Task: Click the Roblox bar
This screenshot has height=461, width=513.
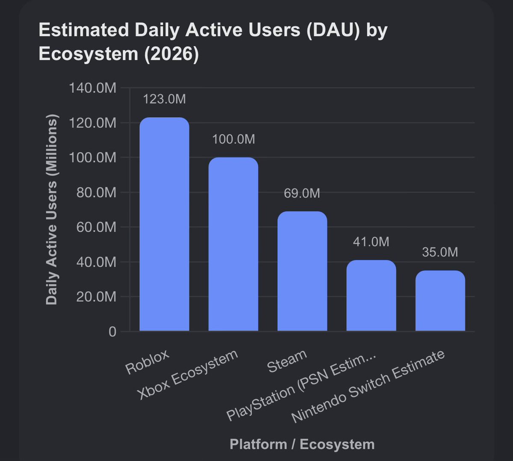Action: [164, 224]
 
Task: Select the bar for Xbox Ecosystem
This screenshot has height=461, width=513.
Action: [233, 244]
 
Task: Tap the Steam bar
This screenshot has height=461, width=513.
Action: [302, 271]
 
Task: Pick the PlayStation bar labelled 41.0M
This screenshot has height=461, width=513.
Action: [371, 296]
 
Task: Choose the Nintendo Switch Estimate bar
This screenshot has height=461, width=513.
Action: [440, 301]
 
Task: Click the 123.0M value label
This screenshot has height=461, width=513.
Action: [164, 99]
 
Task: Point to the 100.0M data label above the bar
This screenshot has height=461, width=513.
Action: [233, 139]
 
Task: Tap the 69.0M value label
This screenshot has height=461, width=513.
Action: [302, 193]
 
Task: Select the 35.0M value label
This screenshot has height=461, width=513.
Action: [440, 252]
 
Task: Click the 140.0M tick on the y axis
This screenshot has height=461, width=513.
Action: [93, 88]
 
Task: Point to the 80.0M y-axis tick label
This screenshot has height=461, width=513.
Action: [96, 192]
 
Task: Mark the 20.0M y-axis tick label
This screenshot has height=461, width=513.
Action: [96, 297]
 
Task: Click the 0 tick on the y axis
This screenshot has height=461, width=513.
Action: [113, 331]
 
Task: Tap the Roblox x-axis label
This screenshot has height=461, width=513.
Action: [147, 362]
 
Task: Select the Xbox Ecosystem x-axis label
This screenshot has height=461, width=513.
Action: [187, 375]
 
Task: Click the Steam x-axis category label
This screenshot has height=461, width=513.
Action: [287, 361]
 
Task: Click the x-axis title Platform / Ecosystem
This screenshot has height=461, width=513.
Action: [302, 444]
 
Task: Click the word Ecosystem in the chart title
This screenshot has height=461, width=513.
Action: [88, 54]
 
